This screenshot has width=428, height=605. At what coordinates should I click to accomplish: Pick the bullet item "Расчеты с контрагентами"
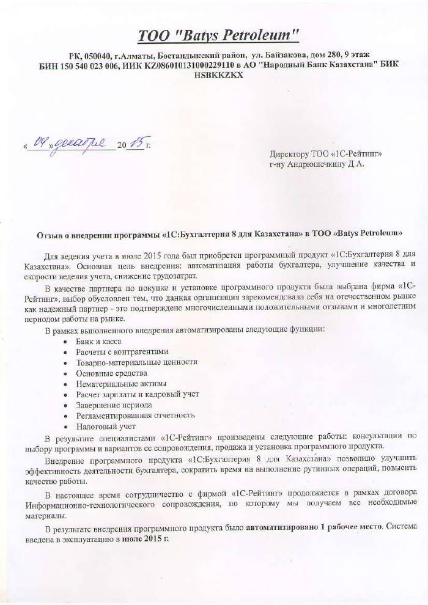[x=122, y=352]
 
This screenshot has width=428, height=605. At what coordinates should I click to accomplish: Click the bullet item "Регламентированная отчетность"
[x=135, y=416]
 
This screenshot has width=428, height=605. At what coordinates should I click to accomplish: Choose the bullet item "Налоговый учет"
[x=106, y=426]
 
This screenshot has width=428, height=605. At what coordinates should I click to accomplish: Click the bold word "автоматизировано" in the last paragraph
[x=278, y=530]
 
